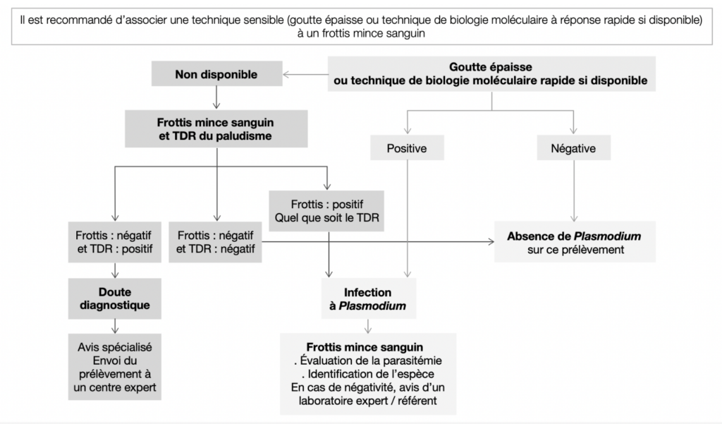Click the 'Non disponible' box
click(217, 74)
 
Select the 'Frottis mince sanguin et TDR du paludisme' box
click(216, 128)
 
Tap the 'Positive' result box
click(407, 148)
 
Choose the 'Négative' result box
click(574, 148)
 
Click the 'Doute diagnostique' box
click(115, 298)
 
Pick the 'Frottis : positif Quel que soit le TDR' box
click(326, 211)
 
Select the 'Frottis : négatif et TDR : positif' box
click(115, 242)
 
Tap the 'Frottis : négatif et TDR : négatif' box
click(215, 242)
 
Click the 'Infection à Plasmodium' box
click(368, 298)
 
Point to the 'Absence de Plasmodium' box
click(575, 243)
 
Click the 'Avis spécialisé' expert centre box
click(115, 367)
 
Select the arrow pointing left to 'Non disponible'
click(305, 74)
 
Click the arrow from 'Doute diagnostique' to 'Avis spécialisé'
click(115, 327)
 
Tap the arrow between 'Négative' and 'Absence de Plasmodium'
click(574, 190)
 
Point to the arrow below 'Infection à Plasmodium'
click(368, 327)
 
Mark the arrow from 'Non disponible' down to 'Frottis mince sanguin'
click(216, 97)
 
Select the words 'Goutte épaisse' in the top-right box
click(491, 67)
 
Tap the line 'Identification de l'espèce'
click(368, 374)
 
